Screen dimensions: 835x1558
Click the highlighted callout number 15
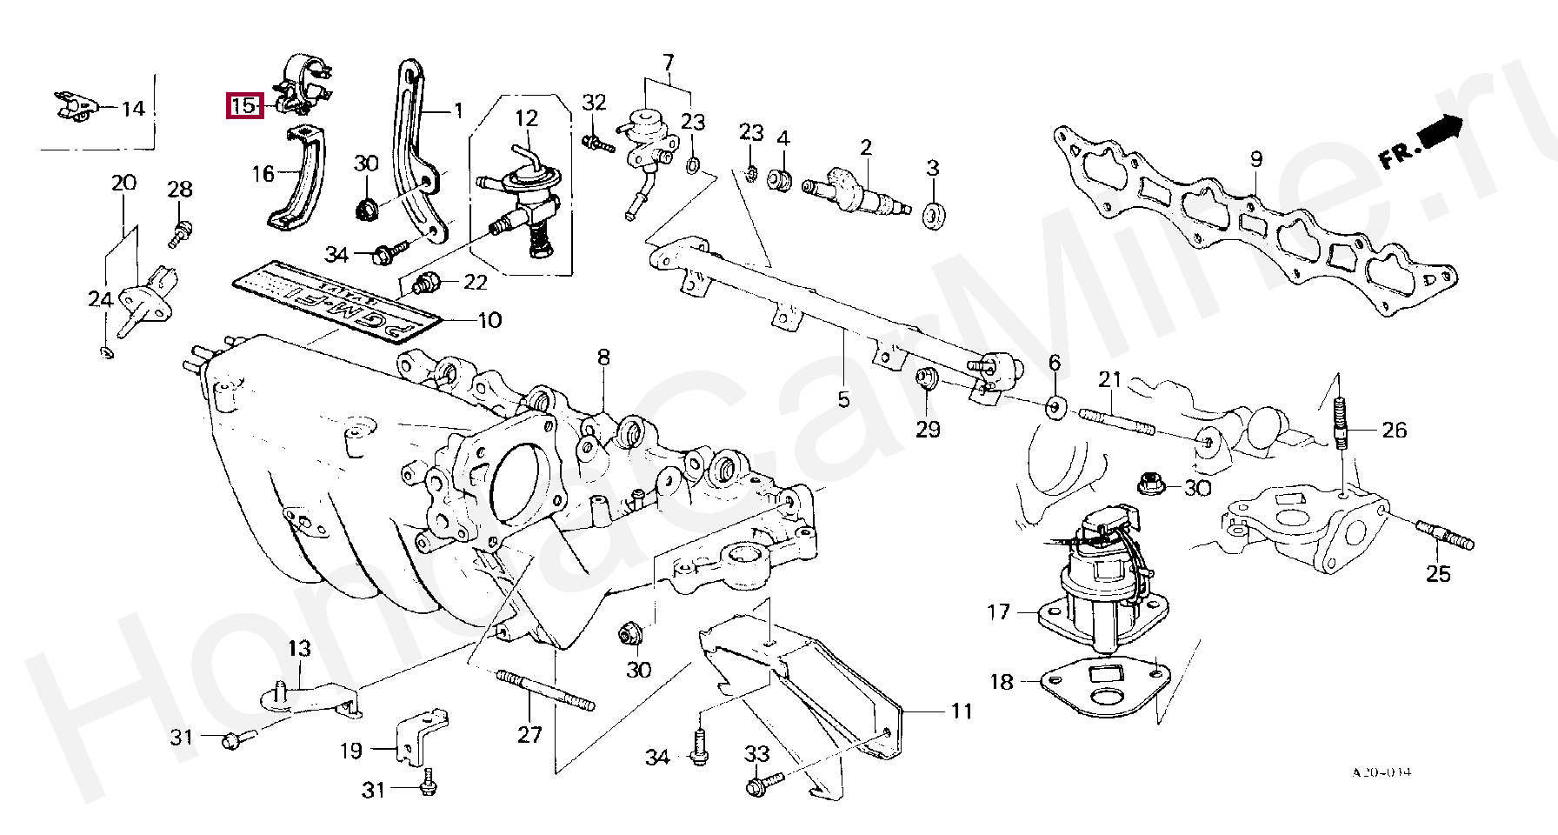[x=243, y=106]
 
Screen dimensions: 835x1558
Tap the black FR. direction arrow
[x=1440, y=132]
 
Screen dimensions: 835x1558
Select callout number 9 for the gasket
[x=1255, y=159]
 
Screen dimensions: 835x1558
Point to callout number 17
[x=999, y=612]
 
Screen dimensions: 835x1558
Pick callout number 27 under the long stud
[x=529, y=734]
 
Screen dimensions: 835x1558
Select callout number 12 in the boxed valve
[x=527, y=118]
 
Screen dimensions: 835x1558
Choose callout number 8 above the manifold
[x=603, y=357]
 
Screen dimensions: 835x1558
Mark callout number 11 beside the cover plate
[x=961, y=711]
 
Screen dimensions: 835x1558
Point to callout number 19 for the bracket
[x=350, y=750]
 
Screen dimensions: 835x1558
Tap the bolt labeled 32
[x=599, y=143]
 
